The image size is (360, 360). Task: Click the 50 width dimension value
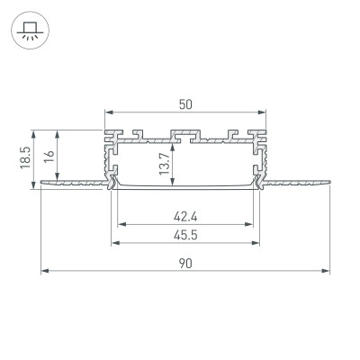185,104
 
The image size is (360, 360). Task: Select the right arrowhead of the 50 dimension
266,112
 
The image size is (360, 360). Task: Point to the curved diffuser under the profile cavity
186,189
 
